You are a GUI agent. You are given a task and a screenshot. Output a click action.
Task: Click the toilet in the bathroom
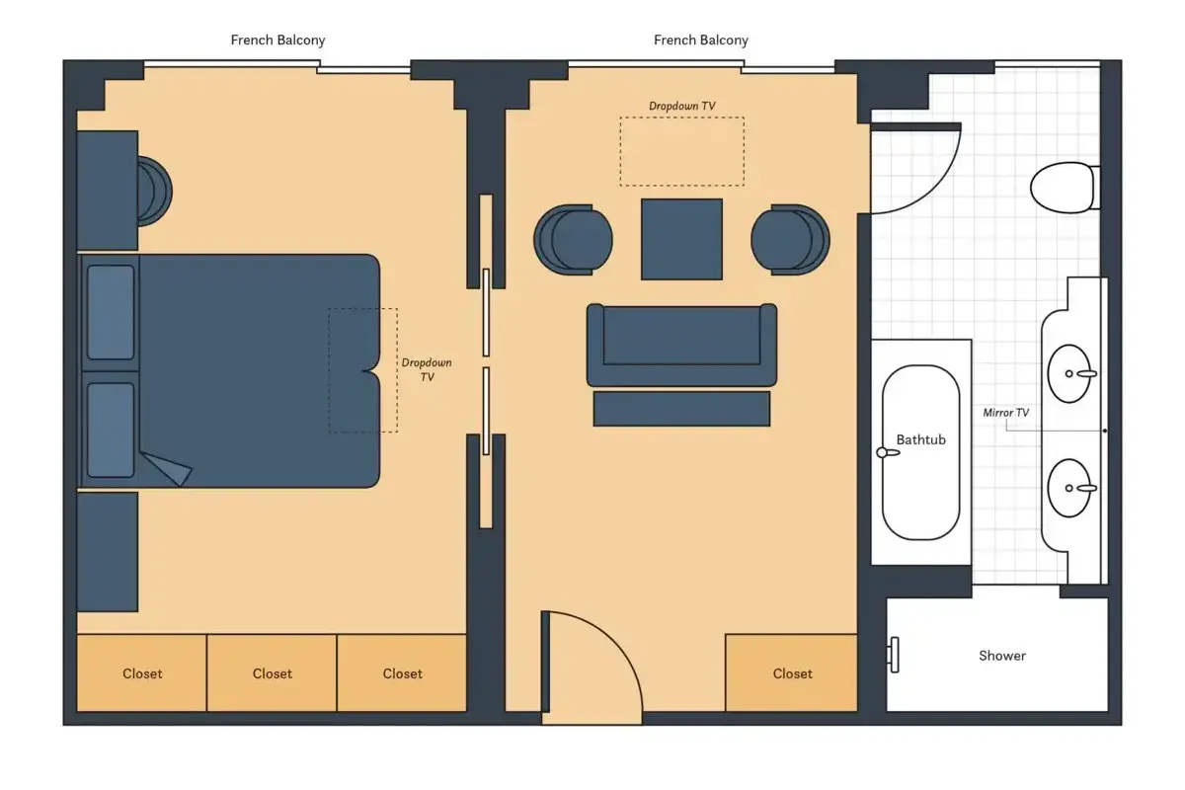tap(1065, 188)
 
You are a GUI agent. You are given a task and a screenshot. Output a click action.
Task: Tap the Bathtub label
tap(920, 439)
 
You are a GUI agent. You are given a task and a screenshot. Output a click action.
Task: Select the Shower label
tap(1002, 656)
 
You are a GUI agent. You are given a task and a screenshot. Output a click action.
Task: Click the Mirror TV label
tap(1005, 412)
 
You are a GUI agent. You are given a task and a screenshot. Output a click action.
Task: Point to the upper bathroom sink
tap(1070, 373)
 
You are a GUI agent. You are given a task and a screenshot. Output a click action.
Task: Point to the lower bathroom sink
tap(1070, 488)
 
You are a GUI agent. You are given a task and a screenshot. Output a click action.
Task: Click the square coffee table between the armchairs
tap(681, 239)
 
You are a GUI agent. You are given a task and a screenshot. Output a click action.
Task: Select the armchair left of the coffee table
tap(573, 240)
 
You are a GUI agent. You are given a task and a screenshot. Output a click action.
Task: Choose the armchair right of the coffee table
tap(790, 240)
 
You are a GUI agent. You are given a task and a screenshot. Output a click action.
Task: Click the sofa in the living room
tap(681, 345)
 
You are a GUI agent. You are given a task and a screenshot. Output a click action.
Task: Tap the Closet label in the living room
tap(792, 673)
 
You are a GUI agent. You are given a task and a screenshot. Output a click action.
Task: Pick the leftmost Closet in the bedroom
tap(142, 673)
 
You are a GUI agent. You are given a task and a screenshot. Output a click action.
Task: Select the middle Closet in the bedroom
tap(272, 673)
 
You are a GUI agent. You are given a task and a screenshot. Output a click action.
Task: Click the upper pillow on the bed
tap(111, 313)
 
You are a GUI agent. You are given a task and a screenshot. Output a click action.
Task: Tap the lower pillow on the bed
tap(111, 431)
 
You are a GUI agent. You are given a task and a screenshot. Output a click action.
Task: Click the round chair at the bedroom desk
tap(154, 191)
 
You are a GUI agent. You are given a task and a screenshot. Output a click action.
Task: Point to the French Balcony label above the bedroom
tap(277, 40)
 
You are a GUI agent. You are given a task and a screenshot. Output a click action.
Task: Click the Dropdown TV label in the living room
tap(682, 106)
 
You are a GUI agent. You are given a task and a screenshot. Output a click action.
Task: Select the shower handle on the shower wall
tap(893, 655)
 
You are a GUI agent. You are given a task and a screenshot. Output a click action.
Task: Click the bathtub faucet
tap(888, 452)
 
